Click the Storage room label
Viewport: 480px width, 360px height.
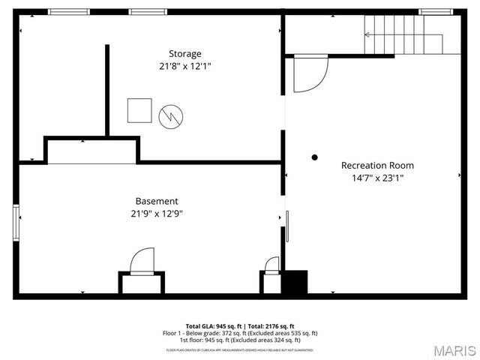[184, 54]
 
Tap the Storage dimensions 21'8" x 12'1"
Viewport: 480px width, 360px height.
[184, 66]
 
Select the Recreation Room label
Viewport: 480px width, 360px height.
[377, 166]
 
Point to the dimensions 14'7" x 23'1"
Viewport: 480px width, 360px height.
[377, 178]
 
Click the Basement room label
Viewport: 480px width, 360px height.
[157, 201]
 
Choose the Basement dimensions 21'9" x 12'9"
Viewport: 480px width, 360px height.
[157, 213]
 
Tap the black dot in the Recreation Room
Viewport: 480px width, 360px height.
[315, 157]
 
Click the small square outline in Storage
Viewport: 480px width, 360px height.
[139, 110]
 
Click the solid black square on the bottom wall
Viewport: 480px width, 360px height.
[295, 283]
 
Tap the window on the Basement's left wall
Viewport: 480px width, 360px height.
[16, 222]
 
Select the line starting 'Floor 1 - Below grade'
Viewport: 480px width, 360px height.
[240, 333]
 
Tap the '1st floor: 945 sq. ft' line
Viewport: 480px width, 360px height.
[240, 339]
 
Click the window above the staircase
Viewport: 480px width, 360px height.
[431, 11]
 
